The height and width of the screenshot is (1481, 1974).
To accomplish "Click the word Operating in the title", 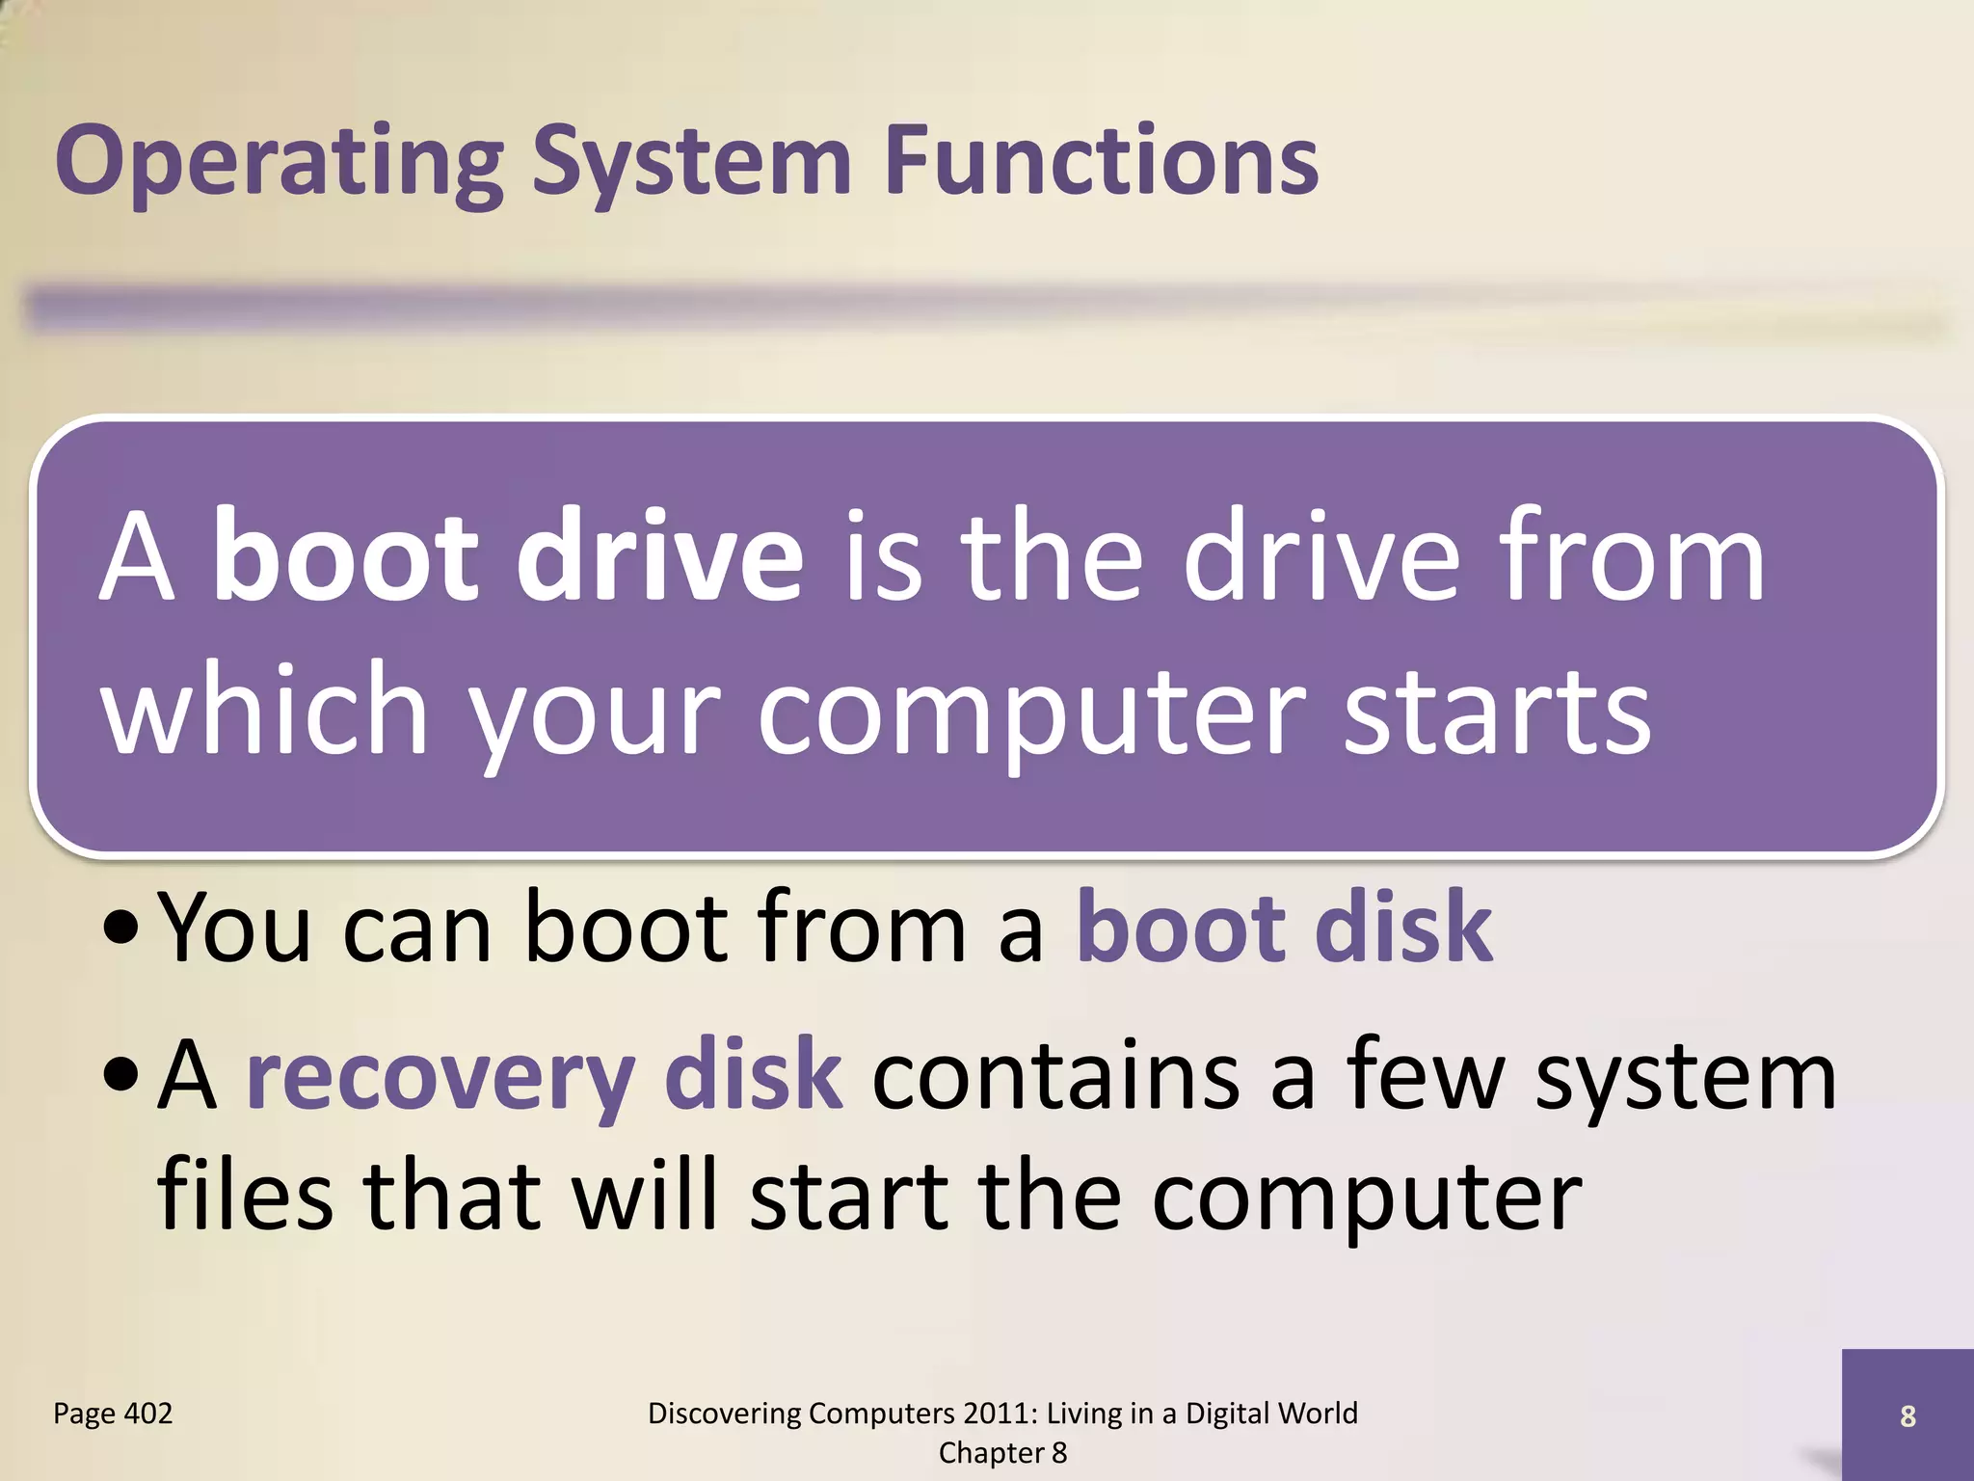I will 280,162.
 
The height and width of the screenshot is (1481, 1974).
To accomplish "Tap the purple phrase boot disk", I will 1284,928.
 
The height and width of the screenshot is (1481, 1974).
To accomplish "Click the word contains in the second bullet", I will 1055,1075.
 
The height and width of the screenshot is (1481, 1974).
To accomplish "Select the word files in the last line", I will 244,1196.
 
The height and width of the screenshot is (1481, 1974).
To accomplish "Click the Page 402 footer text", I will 113,1414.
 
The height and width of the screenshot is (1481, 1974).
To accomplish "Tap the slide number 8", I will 1907,1416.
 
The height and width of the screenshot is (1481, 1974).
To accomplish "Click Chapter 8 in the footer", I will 1002,1453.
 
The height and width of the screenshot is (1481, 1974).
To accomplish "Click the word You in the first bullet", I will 234,928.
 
